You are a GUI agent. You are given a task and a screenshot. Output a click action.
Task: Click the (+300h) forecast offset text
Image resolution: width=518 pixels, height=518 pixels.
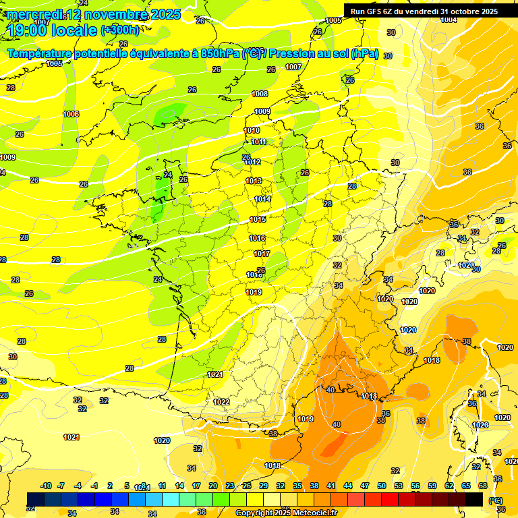tap(119, 30)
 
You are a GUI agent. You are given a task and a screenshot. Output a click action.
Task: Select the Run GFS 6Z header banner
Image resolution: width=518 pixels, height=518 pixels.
tap(424, 11)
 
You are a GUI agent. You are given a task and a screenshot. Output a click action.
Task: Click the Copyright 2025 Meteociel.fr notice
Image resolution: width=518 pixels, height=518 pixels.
tap(286, 513)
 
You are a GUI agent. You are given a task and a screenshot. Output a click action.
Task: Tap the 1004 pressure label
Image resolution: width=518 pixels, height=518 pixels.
tap(449, 20)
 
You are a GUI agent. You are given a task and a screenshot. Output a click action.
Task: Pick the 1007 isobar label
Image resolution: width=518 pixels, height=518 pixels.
tap(293, 67)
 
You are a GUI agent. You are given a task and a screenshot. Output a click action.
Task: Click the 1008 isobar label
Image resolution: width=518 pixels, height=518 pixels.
tap(260, 94)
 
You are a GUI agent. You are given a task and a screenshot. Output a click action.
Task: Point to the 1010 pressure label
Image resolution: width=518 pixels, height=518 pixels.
tap(252, 130)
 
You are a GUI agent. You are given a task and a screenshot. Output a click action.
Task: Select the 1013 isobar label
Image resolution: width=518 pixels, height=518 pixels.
tap(254, 181)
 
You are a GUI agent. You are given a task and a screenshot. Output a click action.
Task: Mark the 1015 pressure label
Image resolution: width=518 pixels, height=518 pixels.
tap(257, 219)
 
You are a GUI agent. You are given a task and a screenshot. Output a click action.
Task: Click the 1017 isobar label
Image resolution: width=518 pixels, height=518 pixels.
tap(262, 254)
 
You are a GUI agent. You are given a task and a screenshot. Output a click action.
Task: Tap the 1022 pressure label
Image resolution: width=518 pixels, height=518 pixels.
tap(221, 401)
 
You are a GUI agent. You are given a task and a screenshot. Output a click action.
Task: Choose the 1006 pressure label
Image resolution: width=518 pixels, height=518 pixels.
tap(71, 114)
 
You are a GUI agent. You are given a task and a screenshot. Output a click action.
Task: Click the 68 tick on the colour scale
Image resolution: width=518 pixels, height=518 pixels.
tap(483, 486)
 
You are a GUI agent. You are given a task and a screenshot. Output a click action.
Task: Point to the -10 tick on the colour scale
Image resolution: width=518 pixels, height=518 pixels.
tap(46, 486)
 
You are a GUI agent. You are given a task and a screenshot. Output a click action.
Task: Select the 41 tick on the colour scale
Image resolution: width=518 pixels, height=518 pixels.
tap(331, 486)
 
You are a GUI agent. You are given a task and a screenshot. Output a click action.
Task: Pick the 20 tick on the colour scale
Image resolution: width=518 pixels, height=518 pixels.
tap(212, 486)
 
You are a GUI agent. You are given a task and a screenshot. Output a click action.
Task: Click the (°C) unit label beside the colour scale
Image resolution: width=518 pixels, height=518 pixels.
tap(494, 500)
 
